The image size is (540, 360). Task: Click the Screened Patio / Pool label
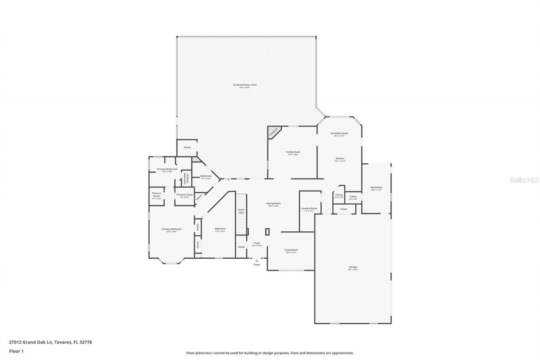245,85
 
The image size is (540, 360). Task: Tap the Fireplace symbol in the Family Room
273,132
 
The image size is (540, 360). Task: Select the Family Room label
293,152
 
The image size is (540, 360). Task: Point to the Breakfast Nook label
339,133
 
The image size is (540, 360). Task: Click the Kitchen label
340,159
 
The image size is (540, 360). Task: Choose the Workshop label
376,187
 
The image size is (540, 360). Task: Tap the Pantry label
339,195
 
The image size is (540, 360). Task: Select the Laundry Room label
309,208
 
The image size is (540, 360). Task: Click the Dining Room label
273,203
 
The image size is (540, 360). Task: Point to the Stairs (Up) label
241,211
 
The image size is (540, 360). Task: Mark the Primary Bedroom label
171,229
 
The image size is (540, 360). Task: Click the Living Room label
291,250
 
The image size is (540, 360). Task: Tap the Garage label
353,267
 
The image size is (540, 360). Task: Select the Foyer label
256,243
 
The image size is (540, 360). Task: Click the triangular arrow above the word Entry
256,261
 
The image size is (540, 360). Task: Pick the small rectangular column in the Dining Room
267,232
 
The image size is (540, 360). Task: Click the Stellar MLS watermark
524,179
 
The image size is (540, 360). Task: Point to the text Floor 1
16,350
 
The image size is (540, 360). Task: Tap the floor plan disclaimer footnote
270,353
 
